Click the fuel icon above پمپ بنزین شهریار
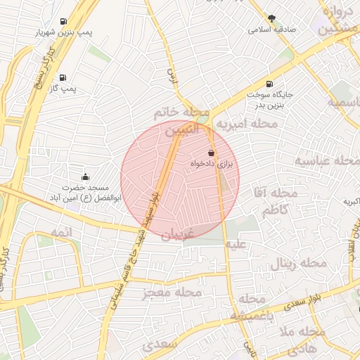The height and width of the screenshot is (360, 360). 64,21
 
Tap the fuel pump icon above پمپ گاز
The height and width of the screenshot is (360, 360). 63,77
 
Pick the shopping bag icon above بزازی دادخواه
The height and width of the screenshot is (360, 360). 212,153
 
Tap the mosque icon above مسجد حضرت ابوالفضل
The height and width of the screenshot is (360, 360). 86,176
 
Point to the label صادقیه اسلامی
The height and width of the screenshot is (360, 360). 272,30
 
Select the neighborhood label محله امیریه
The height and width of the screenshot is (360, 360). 246,124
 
